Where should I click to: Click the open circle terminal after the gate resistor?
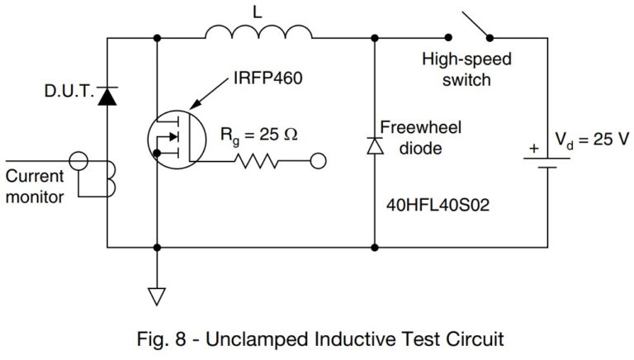(318, 162)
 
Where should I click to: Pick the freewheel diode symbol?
(376, 144)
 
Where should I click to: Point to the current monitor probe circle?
(80, 160)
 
